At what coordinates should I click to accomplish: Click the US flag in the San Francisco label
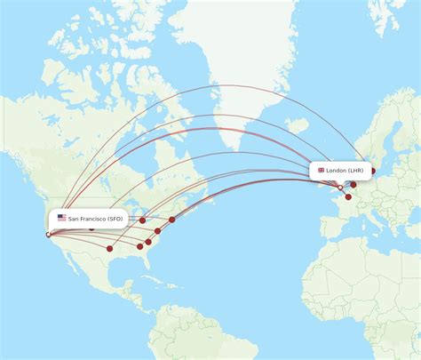(62, 218)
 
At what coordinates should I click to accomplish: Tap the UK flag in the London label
(321, 170)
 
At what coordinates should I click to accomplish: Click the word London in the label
(337, 170)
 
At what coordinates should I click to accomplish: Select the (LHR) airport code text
(355, 170)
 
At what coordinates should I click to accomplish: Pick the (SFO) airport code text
(115, 218)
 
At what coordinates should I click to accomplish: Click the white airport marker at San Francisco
(48, 235)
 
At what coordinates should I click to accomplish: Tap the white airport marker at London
(340, 188)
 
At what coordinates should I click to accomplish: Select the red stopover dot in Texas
(109, 249)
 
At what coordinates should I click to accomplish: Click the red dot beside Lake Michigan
(142, 220)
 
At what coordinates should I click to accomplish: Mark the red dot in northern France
(348, 196)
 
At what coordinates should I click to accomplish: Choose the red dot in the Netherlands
(353, 185)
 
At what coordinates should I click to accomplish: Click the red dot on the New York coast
(172, 219)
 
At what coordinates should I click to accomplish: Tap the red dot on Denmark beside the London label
(373, 171)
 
